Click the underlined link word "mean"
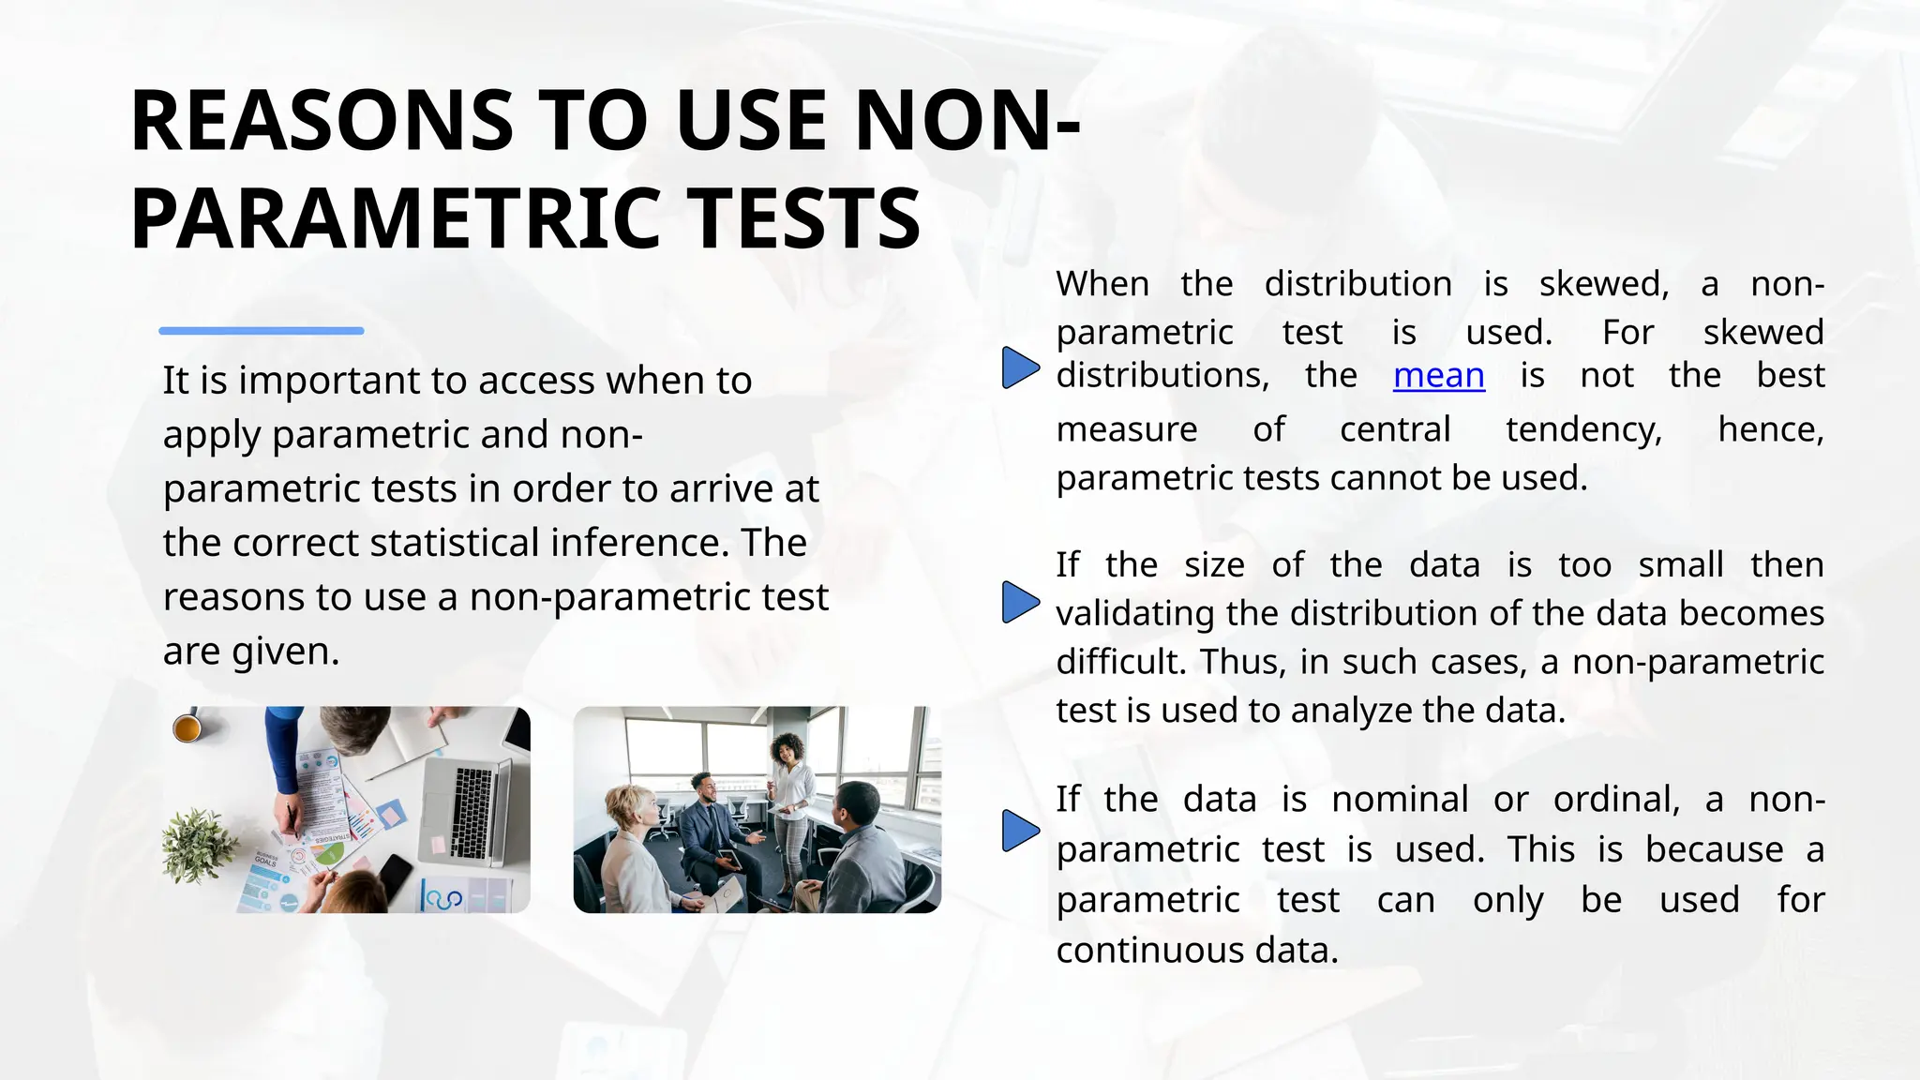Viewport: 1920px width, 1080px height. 1438,376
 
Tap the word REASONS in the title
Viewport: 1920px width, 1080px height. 322,121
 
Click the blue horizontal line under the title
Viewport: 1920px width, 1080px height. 262,331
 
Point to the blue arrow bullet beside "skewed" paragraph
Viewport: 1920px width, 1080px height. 1020,367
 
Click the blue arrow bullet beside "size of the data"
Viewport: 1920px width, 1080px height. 1020,602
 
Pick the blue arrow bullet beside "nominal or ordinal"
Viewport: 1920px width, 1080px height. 1020,831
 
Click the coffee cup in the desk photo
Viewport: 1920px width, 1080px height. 187,727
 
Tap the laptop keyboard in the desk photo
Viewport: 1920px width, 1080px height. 472,812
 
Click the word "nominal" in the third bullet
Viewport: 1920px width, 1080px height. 1400,800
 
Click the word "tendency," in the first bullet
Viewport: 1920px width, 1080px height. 1583,429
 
